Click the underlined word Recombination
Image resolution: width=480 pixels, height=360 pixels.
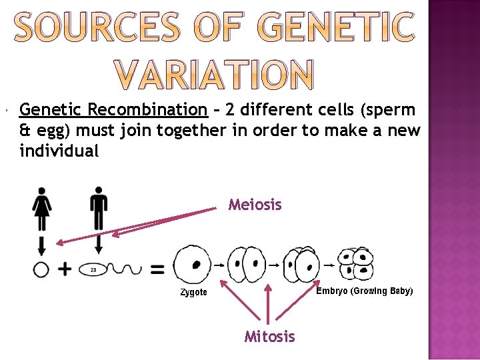coord(147,109)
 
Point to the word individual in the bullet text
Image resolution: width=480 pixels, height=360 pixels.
coord(59,151)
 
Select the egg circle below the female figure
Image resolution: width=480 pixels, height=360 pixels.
coord(41,269)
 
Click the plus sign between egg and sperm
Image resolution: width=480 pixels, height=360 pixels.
coord(64,269)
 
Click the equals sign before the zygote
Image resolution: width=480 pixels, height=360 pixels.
coord(157,269)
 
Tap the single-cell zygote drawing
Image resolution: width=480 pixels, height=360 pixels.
coord(192,263)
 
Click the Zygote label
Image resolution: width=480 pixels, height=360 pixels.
coord(193,292)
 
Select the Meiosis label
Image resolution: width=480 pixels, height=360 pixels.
coord(255,205)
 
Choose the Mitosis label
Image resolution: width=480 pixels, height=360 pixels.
coord(269,337)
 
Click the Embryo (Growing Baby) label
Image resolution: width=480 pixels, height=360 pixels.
coord(364,291)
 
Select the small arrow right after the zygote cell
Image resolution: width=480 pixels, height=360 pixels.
coord(219,264)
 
